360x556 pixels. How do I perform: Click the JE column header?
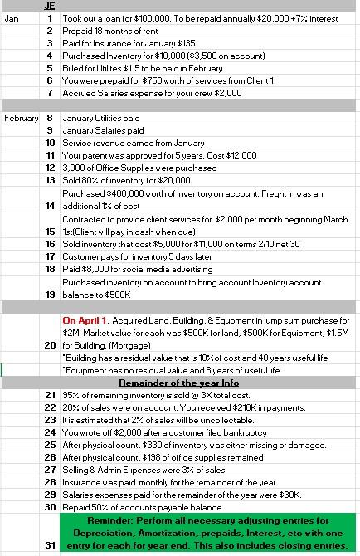pyautogui.click(x=49, y=4)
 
